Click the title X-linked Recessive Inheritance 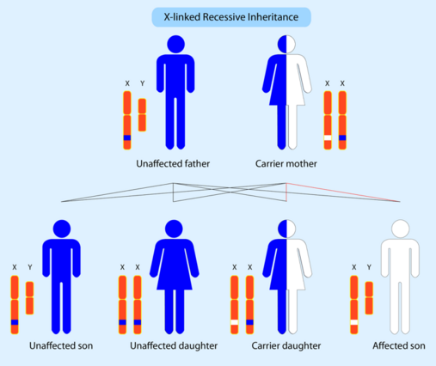coord(231,17)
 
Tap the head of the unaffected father coord(175,44)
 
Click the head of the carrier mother coord(286,44)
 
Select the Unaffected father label coord(173,164)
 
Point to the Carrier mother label coord(286,164)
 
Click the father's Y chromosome coord(142,115)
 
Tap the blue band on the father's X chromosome coord(127,137)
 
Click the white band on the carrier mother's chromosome coord(328,137)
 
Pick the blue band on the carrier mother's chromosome coord(342,137)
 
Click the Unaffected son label coord(61,346)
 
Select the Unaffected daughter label coord(174,346)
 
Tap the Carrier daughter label coord(286,346)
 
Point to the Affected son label coord(399,346)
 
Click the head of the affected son coord(401,229)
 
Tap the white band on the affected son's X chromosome coord(354,322)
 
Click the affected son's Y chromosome coord(369,298)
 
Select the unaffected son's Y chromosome coord(30,298)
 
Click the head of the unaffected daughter coord(174,229)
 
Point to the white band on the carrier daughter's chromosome coord(235,322)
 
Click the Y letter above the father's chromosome coord(143,83)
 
